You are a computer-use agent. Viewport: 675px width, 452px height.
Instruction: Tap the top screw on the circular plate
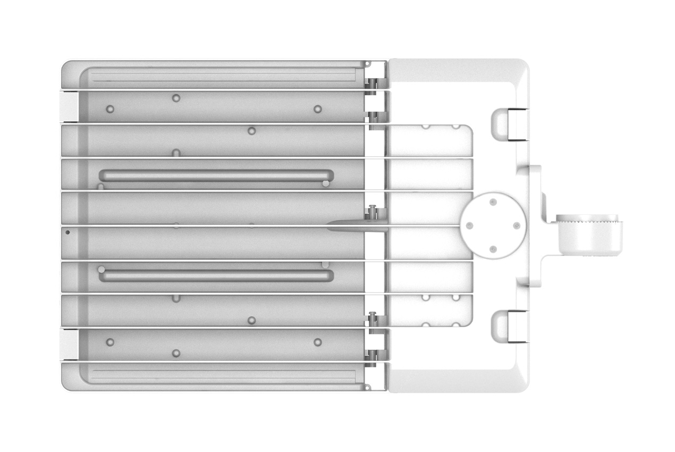coord(493,202)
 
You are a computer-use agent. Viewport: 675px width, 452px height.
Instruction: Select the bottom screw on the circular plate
coord(493,249)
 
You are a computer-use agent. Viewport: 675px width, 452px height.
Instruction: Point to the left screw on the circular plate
coord(469,225)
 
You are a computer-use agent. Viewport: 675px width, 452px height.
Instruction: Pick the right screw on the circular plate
coord(516,225)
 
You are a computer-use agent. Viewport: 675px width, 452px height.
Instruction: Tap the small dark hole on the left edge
coord(67,232)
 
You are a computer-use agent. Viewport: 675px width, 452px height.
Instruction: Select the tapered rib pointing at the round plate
coord(351,225)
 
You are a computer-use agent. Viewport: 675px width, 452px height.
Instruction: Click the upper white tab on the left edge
coord(69,107)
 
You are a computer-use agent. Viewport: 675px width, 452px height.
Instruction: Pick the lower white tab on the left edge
coord(69,344)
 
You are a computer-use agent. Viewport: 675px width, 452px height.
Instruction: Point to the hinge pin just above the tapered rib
coord(374,211)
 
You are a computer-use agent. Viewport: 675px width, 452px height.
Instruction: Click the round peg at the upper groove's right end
coord(325,184)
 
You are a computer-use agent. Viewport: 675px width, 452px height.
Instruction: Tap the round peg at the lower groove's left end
coord(101,270)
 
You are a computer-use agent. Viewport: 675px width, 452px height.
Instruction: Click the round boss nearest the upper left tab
coord(110,109)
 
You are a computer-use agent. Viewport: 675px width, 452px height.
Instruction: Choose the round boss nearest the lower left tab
coord(111,342)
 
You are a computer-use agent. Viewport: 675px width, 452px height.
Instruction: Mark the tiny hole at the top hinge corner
coord(367,64)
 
